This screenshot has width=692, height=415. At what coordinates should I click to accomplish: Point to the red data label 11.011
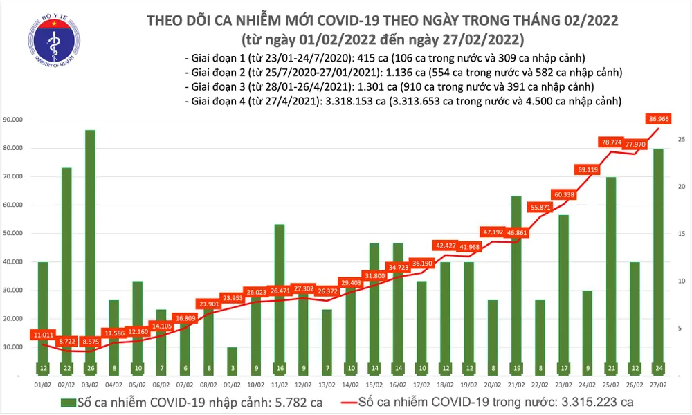coord(44,335)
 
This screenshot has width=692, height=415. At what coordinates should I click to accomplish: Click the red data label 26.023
coord(256,293)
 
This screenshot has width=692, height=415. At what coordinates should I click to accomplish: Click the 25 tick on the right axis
coord(682,140)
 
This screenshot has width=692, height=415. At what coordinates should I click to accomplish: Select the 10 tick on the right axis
coord(682,282)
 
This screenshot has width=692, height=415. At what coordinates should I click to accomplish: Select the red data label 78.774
coord(612,142)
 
